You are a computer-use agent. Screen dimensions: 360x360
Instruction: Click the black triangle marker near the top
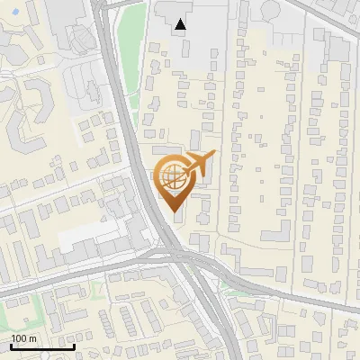(182, 24)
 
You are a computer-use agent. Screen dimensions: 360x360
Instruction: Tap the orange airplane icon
(199, 162)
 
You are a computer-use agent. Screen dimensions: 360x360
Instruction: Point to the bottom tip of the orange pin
(174, 212)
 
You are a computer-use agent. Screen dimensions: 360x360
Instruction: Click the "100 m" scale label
(24, 338)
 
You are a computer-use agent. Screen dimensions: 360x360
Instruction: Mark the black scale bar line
(42, 346)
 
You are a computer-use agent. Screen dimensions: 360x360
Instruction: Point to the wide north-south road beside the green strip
(117, 90)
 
